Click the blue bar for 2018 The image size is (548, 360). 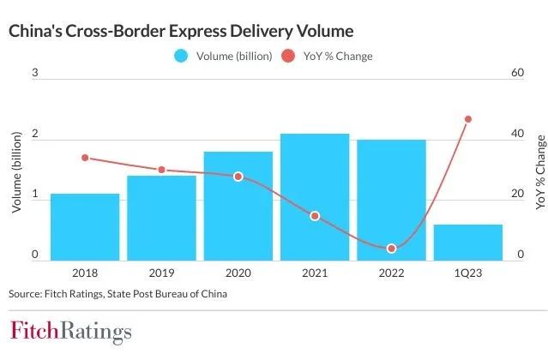tap(85, 227)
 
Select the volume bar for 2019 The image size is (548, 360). tap(161, 219)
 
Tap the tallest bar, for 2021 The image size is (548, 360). tap(315, 197)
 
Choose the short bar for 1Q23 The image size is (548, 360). tap(468, 243)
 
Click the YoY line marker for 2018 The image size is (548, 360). tap(85, 158)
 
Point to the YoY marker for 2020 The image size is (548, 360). tap(238, 177)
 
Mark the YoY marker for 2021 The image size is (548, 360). tap(315, 216)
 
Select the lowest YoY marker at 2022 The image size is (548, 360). tap(391, 249)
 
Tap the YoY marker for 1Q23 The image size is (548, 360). tap(468, 119)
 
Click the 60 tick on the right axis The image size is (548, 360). tap(516, 75)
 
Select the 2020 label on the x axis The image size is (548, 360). tap(238, 273)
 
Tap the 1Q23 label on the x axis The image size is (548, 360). tap(468, 273)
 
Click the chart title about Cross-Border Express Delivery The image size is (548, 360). tap(180, 31)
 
